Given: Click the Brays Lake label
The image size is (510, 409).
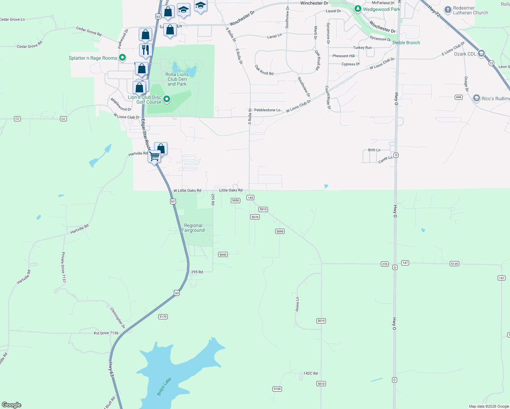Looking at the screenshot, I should (x=164, y=387).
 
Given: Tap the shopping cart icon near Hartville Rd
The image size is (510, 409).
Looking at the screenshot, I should (x=154, y=156).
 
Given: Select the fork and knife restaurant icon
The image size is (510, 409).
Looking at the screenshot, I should (x=146, y=50).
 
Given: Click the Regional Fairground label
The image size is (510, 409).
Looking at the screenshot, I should (x=193, y=228).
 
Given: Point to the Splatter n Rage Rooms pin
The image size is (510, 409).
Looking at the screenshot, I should (x=122, y=58).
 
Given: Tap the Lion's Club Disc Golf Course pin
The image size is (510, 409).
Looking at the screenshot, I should (x=167, y=99).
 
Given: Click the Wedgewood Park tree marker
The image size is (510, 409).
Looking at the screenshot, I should (x=358, y=9).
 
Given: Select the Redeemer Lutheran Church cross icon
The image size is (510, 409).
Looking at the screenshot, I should (x=448, y=10).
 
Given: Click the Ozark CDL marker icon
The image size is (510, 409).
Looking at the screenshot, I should (x=481, y=54).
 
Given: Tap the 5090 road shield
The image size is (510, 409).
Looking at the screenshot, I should (x=280, y=231).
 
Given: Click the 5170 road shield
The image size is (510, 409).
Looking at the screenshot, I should (x=163, y=317).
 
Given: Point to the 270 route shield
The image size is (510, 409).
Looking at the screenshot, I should (x=385, y=264).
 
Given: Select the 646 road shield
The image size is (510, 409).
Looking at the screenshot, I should (x=459, y=97).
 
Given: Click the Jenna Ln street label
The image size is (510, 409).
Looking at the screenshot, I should (x=297, y=304).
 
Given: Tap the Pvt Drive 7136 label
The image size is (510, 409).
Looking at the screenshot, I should (x=106, y=333).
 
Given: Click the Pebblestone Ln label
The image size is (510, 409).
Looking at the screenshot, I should (x=267, y=110).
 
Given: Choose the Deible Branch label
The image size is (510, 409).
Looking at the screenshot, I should (x=406, y=43).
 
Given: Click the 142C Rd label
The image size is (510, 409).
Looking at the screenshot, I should (x=311, y=373).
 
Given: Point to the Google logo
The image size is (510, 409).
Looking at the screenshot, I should (x=12, y=405).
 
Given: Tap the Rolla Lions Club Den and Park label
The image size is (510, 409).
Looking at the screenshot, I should (x=177, y=79).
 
